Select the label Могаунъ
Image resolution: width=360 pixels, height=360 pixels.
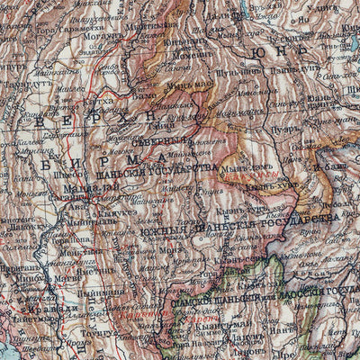click(x=102, y=38)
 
